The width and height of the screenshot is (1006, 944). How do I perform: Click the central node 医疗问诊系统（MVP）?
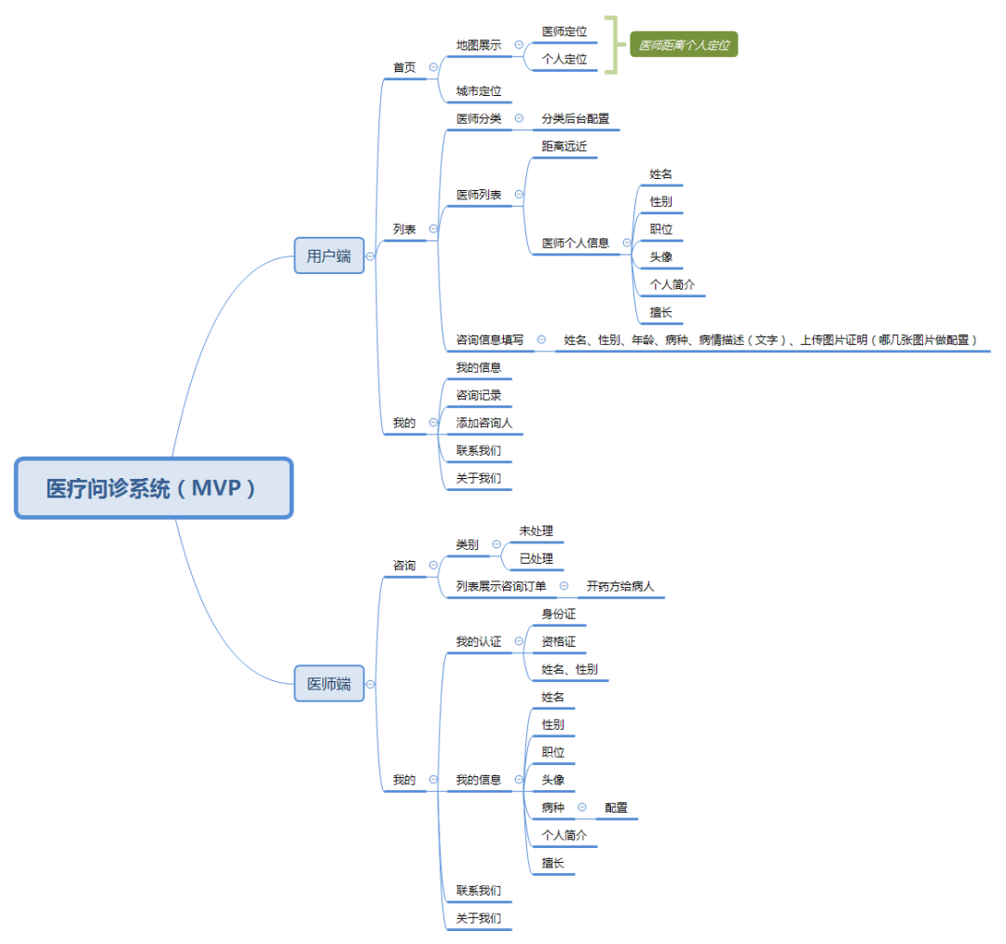[154, 487]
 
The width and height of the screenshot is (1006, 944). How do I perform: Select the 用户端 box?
[329, 255]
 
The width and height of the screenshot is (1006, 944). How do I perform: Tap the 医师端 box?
[329, 684]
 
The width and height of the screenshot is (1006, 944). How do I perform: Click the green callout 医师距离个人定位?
[684, 45]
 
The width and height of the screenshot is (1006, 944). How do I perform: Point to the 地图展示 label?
[478, 45]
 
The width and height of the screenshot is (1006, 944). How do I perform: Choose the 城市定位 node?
[478, 91]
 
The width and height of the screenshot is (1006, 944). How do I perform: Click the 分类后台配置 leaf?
[575, 118]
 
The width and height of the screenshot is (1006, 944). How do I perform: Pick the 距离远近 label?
[564, 146]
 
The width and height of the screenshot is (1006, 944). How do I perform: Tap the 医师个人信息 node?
[575, 243]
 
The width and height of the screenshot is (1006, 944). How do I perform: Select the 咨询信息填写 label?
[489, 340]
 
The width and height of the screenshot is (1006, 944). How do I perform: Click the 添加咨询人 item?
[483, 423]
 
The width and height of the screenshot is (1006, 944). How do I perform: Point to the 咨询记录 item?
[478, 395]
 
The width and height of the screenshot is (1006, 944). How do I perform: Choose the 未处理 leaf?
[536, 531]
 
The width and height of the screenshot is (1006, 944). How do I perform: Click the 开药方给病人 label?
[620, 586]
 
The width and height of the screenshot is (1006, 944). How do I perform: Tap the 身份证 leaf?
[559, 614]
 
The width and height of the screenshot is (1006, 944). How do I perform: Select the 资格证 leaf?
[559, 642]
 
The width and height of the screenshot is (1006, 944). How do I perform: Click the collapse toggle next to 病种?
[582, 807]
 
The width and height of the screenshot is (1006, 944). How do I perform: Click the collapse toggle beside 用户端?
[371, 255]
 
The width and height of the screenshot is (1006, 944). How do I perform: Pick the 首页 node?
[404, 68]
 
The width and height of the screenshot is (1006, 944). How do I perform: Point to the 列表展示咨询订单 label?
[500, 586]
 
